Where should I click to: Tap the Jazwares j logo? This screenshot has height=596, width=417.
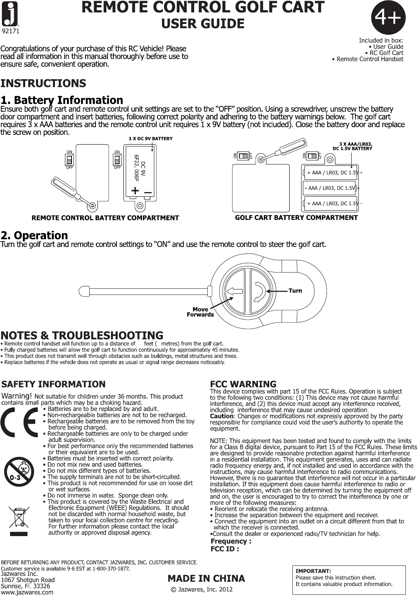(12, 13)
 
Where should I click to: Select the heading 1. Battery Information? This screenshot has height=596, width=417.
(62, 100)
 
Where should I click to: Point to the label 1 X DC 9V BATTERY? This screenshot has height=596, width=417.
(150, 138)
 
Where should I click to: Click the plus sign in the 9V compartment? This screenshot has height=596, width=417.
(135, 191)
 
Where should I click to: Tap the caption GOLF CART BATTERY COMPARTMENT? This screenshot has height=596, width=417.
(296, 218)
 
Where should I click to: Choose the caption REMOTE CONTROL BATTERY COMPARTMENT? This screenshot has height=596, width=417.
(105, 218)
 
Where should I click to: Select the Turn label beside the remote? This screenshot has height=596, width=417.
(295, 291)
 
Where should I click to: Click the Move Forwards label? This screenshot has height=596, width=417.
(200, 312)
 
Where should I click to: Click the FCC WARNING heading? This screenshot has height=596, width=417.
(243, 384)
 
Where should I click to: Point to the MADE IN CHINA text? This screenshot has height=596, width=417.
(206, 579)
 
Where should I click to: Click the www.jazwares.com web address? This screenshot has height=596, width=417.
(27, 592)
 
